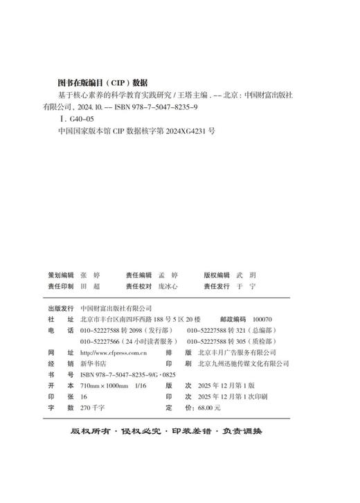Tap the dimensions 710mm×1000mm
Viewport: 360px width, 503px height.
click(x=105, y=385)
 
